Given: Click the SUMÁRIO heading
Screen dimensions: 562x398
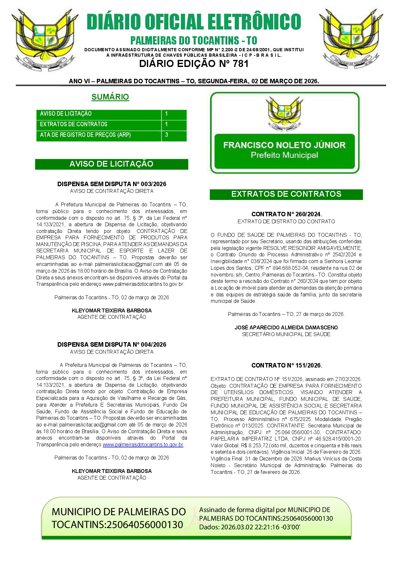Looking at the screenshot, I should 110,97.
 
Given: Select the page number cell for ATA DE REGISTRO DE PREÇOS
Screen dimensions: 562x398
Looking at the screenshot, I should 174,135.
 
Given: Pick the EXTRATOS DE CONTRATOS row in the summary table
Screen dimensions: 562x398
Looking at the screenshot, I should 99,124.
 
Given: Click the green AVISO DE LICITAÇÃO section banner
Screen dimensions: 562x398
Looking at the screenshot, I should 111,164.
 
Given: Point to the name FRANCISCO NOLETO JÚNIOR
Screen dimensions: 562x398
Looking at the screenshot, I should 284,145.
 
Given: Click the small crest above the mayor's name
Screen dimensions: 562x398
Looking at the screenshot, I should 284,114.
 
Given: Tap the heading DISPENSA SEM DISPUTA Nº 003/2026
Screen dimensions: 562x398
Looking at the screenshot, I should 112,184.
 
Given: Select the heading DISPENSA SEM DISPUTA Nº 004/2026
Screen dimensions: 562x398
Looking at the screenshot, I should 112,344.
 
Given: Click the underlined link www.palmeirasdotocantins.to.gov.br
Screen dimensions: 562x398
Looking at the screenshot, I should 143,445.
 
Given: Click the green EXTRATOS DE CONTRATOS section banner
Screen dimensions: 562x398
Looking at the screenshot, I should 286,194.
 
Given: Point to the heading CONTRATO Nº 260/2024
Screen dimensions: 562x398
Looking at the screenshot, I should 286,214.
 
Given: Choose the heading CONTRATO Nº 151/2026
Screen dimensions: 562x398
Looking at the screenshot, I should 286,365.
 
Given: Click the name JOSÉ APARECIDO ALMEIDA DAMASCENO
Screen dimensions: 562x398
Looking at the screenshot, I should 286,327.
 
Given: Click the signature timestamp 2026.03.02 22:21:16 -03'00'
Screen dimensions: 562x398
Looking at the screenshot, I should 260,527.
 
